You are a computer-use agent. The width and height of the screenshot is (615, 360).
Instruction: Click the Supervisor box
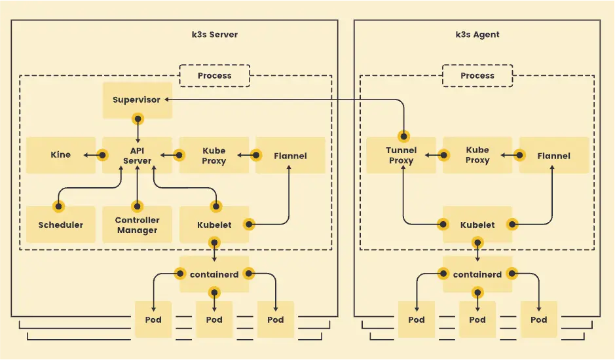click(x=137, y=100)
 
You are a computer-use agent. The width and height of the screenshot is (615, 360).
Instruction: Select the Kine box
click(x=61, y=155)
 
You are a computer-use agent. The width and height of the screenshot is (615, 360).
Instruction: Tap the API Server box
click(x=137, y=155)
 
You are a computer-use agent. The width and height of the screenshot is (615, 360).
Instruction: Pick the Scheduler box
click(x=61, y=225)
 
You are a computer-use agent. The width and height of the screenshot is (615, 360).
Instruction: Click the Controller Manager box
click(x=137, y=225)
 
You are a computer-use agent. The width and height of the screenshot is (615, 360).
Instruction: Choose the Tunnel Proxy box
click(x=401, y=155)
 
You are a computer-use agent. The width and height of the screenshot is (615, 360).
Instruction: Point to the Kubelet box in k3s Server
click(x=214, y=225)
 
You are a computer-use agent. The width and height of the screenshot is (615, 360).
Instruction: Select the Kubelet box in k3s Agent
click(x=477, y=225)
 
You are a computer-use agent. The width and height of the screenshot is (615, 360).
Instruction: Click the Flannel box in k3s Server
click(x=290, y=155)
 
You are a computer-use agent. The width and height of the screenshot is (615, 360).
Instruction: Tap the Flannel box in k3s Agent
click(x=553, y=155)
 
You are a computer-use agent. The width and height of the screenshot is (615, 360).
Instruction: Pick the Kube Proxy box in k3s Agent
click(x=477, y=155)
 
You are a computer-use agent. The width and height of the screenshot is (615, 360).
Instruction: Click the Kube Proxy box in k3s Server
click(x=214, y=155)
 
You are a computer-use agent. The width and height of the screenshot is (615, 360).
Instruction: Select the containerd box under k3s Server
click(x=214, y=274)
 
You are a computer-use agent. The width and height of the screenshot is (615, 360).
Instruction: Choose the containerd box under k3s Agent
click(x=477, y=274)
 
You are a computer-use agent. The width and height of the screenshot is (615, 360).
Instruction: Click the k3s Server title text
click(x=210, y=35)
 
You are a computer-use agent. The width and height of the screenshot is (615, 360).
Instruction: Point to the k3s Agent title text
click(x=477, y=35)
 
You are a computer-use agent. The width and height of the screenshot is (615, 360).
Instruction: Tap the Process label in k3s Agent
click(x=477, y=75)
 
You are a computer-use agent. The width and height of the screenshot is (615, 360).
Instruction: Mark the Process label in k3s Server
click(x=214, y=75)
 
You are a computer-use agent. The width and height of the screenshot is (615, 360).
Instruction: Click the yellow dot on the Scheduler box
click(x=59, y=207)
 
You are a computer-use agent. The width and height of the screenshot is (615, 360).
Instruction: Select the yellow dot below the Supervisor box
click(x=138, y=119)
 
